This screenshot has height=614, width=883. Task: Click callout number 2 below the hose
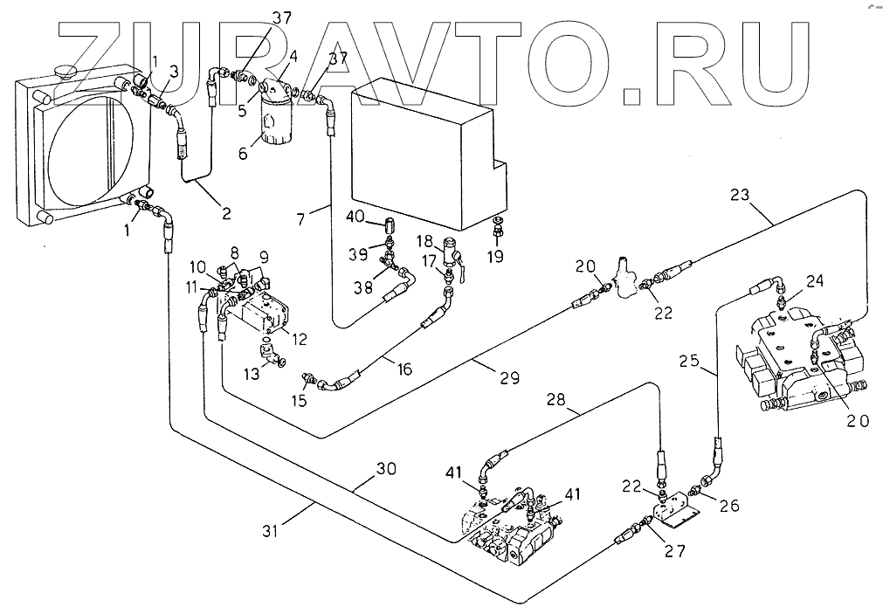(x=225, y=211)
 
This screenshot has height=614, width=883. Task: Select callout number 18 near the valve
(x=424, y=240)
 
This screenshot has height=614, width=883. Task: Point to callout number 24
(x=814, y=281)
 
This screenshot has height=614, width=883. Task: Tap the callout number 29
(x=509, y=377)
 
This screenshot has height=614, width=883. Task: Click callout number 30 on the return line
(x=386, y=469)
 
